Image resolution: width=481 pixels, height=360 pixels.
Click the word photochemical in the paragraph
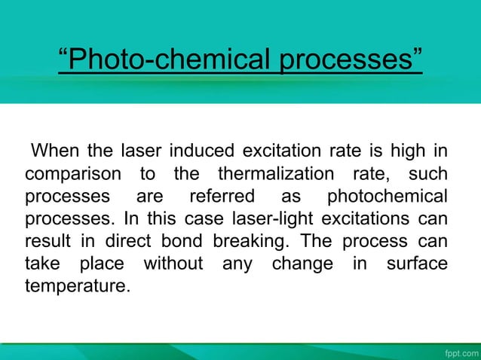pyautogui.click(x=386, y=198)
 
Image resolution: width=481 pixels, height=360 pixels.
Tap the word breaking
pyautogui.click(x=247, y=243)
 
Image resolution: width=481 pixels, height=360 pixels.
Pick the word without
pyautogui.click(x=173, y=264)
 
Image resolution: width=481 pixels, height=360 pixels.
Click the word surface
pyautogui.click(x=416, y=264)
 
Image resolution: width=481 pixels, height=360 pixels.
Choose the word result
pyautogui.click(x=47, y=243)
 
